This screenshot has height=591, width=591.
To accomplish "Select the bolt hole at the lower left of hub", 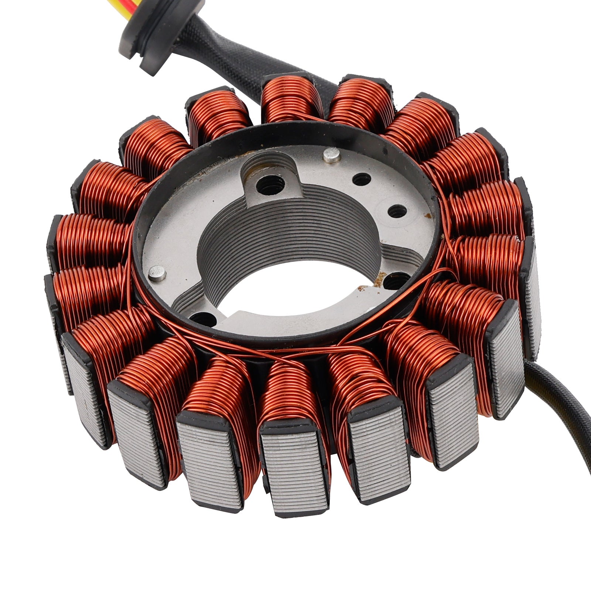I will [x=200, y=317].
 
